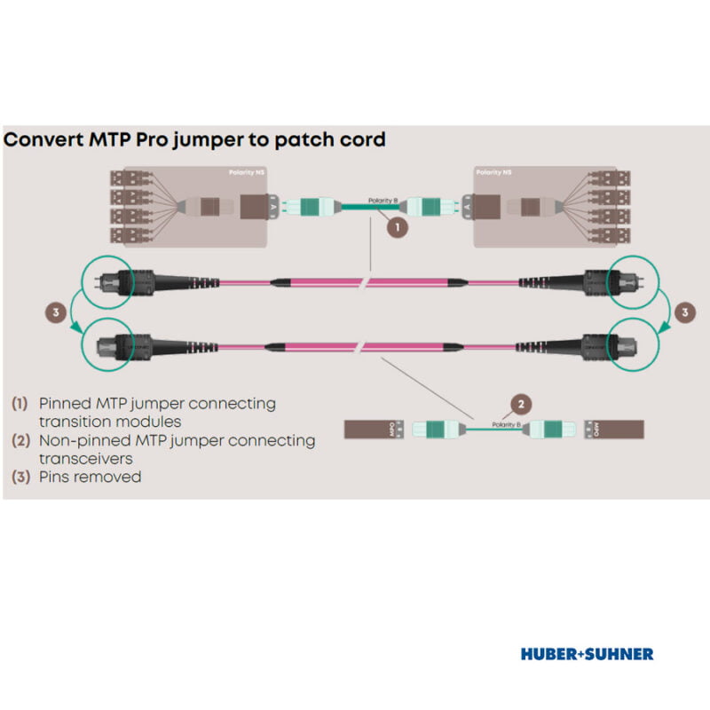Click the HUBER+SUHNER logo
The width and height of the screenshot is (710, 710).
587,654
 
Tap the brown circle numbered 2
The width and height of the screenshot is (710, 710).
522,405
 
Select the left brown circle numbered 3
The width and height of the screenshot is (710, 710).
56,312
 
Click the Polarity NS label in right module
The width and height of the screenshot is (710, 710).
493,171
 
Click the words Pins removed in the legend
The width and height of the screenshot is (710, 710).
90,477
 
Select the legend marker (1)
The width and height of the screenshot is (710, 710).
20,403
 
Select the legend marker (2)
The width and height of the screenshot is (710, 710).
20,440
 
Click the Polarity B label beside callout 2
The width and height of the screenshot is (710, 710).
504,425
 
